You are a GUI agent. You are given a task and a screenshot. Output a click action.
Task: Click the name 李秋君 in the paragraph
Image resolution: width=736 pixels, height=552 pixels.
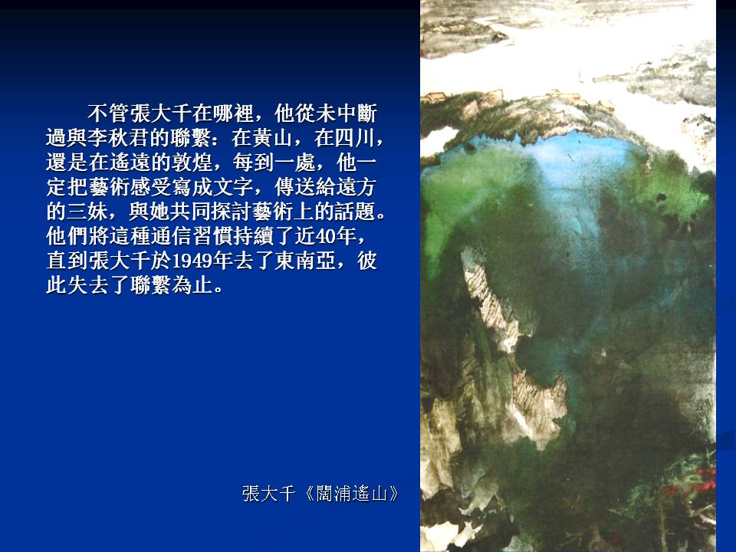118,138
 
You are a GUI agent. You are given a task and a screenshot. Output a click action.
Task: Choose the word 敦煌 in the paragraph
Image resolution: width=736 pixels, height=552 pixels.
191,163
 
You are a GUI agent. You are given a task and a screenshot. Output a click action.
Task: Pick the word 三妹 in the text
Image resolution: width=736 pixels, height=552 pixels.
87,212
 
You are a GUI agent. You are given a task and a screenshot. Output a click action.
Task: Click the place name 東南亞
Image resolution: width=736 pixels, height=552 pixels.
304,261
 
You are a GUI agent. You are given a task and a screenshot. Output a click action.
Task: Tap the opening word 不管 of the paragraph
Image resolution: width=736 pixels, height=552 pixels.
108,113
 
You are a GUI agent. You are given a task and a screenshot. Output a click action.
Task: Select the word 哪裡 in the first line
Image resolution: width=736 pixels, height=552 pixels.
232,113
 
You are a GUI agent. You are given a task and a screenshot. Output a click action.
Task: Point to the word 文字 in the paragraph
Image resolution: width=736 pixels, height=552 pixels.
232,187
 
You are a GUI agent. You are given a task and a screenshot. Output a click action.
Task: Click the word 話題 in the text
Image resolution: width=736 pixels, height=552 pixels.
355,212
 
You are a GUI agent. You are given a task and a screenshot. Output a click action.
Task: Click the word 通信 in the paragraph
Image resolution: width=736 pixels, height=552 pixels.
170,235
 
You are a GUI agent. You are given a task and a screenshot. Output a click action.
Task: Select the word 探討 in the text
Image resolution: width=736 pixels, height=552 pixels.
232,212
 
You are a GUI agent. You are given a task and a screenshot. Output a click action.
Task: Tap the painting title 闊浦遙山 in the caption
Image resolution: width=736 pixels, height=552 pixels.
352,494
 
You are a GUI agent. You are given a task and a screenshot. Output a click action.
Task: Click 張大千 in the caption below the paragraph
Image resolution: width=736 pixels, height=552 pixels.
268,494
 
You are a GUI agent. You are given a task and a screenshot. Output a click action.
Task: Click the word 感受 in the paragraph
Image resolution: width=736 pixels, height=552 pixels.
149,187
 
